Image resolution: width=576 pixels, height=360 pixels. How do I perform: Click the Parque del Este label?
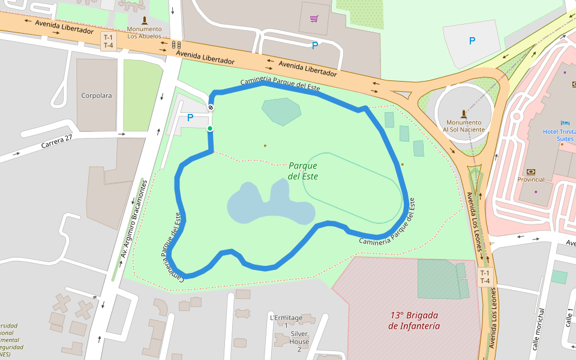[302, 171]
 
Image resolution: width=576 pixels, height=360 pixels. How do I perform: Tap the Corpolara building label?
[97, 95]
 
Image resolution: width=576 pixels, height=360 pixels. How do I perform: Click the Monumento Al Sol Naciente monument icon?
[463, 113]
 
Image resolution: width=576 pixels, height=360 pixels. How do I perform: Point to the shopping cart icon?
[314, 19]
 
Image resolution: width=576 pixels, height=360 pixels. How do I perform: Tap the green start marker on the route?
[210, 128]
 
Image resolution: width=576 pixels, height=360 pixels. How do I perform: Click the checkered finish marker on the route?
[211, 107]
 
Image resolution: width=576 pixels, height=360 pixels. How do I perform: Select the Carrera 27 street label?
[56, 142]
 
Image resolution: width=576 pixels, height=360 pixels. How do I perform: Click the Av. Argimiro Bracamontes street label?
[134, 220]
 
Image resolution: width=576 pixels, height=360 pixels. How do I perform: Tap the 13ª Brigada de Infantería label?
[414, 320]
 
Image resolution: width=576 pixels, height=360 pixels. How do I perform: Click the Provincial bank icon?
[530, 171]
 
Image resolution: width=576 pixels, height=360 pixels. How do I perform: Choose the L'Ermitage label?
[286, 317]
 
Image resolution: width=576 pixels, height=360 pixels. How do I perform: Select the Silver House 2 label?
[299, 337]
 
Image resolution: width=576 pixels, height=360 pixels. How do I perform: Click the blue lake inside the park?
[270, 204]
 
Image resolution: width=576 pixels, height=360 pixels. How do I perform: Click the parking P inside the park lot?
[190, 118]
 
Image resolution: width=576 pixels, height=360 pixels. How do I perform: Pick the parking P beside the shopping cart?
[314, 45]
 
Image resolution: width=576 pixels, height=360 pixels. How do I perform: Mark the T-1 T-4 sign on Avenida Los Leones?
[485, 277]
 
